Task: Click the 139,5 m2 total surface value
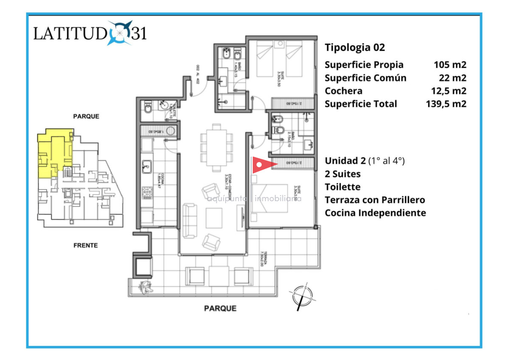tap(446, 104)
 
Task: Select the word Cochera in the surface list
tap(344, 91)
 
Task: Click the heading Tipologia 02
tap(355, 48)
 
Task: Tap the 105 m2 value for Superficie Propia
tap(450, 65)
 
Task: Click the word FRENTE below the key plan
tap(85, 245)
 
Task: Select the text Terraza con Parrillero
tap(375, 200)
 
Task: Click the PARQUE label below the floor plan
tap(220, 309)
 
